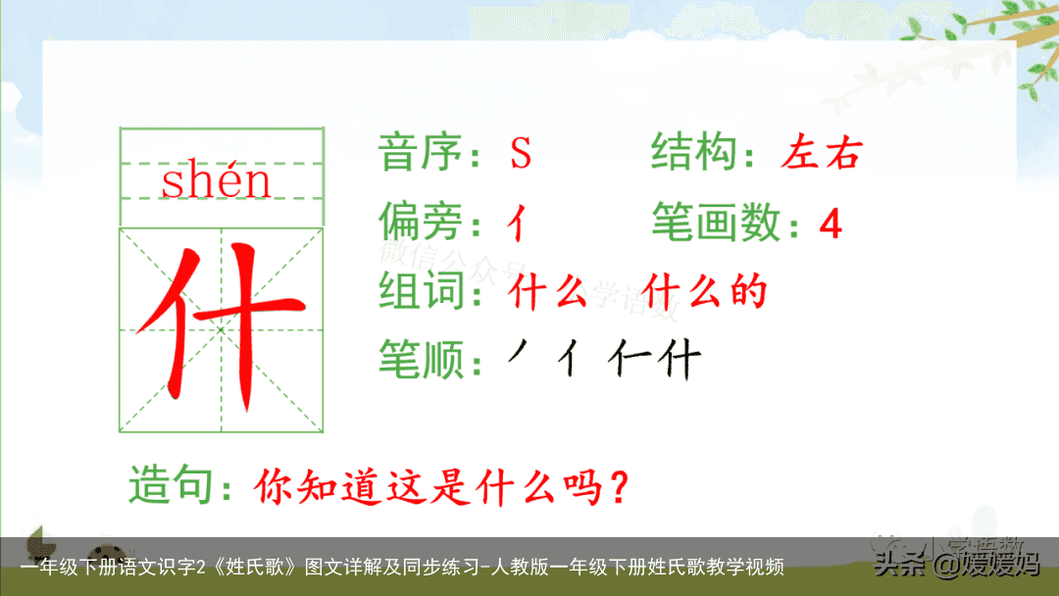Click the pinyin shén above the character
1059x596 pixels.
(x=216, y=182)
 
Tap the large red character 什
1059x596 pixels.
(x=221, y=329)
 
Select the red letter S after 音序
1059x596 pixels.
(x=520, y=154)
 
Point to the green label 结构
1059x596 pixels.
(x=691, y=153)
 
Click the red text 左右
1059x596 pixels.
(x=822, y=154)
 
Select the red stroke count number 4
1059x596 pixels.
(x=830, y=225)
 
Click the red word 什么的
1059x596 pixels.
(x=705, y=292)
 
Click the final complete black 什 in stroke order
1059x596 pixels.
(x=681, y=361)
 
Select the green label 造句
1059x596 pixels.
(x=171, y=486)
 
